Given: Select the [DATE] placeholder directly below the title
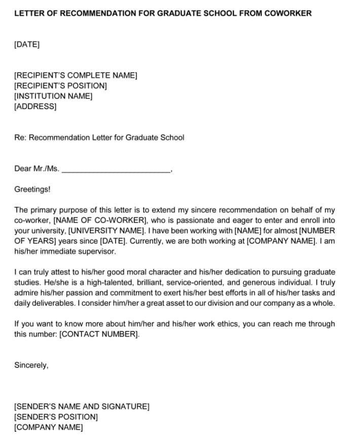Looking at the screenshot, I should point(27,44).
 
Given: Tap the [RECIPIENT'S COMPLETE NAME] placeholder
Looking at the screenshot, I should point(76,75).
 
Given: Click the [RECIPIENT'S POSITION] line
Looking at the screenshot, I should point(60,86).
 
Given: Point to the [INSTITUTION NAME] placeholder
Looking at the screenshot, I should point(53,96).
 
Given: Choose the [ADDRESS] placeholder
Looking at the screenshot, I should point(35,106).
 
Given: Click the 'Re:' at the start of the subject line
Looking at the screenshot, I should point(20,138).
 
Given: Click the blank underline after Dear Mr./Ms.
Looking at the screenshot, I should point(116,169).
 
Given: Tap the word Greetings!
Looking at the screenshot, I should point(32,189).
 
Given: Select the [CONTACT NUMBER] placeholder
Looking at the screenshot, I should point(99,334).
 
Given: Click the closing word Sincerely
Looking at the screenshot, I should point(31,365).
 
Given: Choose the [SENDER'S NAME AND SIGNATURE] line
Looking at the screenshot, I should point(82,407).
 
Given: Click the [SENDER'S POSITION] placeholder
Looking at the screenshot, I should point(56,417).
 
